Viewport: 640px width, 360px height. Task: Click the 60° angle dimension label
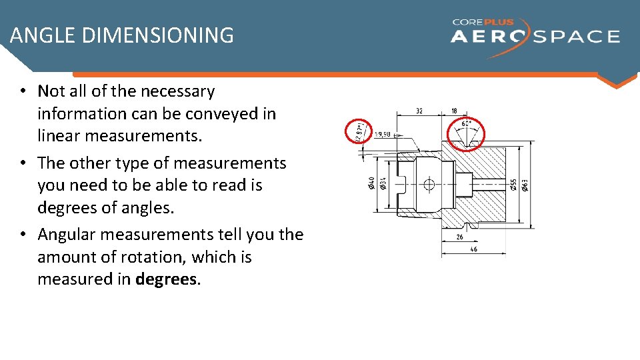pyautogui.click(x=466, y=123)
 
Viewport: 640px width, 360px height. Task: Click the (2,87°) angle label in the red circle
pyautogui.click(x=360, y=131)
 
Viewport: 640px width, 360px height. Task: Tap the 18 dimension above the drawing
pyautogui.click(x=454, y=111)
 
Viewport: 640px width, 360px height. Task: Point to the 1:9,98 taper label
pyautogui.click(x=383, y=134)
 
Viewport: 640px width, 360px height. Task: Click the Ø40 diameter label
pyautogui.click(x=371, y=183)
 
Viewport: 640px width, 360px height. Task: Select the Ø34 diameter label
pyautogui.click(x=382, y=183)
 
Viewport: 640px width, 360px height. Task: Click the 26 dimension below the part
pyautogui.click(x=459, y=237)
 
